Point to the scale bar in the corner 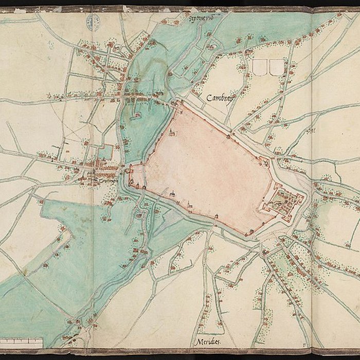point(22,340)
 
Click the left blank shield point(260,67)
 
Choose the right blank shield point(277,67)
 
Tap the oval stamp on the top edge point(93,21)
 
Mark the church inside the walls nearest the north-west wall point(172,133)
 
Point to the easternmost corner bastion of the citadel point(303,195)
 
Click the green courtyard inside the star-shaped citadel point(283,199)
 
